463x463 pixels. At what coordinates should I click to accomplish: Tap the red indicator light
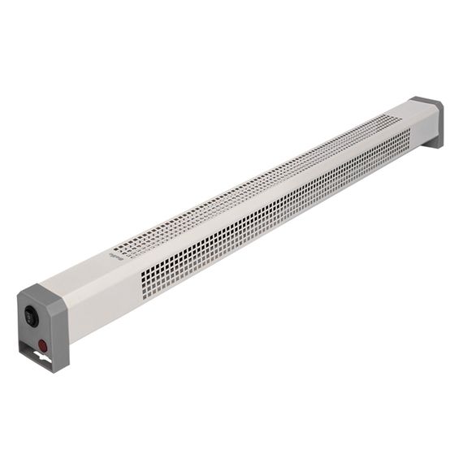tap(41, 344)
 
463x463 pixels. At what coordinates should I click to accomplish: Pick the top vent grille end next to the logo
tap(130, 244)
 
